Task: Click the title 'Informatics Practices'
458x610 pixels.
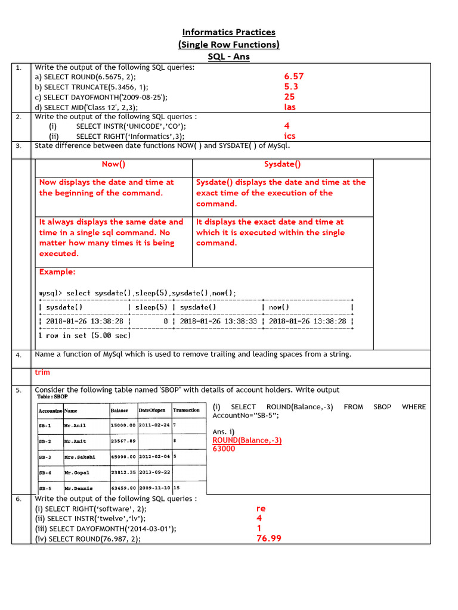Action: pyautogui.click(x=229, y=32)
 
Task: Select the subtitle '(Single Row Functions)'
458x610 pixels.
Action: pyautogui.click(x=229, y=45)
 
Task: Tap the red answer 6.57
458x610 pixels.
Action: pyautogui.click(x=294, y=76)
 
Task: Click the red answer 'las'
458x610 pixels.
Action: pyautogui.click(x=290, y=107)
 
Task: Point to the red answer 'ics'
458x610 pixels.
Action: pyautogui.click(x=290, y=136)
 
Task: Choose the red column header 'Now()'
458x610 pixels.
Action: pyautogui.click(x=113, y=164)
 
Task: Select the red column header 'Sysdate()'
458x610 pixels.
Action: pyautogui.click(x=283, y=164)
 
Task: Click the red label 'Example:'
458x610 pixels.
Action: pyautogui.click(x=57, y=272)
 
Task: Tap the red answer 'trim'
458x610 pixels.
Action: pyautogui.click(x=42, y=372)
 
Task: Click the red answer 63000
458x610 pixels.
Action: pyautogui.click(x=224, y=449)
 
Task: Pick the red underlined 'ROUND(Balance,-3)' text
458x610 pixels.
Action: pyautogui.click(x=247, y=440)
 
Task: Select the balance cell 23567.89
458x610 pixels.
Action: pyautogui.click(x=123, y=441)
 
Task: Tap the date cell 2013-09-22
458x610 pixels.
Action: pyautogui.click(x=154, y=472)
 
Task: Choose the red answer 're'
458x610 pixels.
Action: pyautogui.click(x=261, y=509)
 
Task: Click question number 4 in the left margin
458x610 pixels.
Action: pyautogui.click(x=19, y=355)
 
